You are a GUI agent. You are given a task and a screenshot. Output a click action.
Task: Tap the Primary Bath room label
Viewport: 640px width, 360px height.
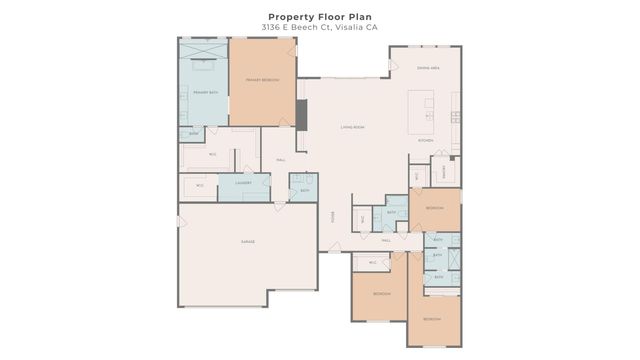[x=204, y=93]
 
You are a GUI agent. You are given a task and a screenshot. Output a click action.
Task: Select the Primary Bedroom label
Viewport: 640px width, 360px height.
[x=262, y=80]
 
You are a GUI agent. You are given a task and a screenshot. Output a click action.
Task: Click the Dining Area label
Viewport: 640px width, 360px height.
[x=429, y=67]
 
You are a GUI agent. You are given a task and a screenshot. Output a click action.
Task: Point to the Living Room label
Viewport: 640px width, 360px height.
[x=352, y=127]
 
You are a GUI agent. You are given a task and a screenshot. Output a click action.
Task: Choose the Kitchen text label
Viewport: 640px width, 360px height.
[x=425, y=141]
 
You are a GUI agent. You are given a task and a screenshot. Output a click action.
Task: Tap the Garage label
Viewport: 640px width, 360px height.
[x=247, y=242]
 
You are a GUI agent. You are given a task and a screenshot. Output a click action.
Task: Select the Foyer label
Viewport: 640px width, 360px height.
[x=333, y=217]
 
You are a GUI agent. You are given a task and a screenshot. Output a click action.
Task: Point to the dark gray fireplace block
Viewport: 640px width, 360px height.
[x=301, y=114]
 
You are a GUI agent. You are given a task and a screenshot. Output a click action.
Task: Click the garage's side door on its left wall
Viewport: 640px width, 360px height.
[x=180, y=220]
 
